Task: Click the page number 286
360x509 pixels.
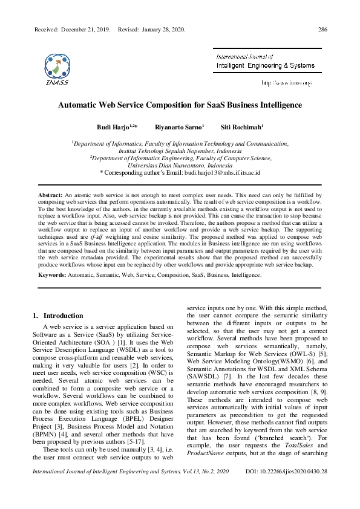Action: (322, 29)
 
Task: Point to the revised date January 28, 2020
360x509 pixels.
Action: (160, 29)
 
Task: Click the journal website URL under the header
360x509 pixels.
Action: (286, 82)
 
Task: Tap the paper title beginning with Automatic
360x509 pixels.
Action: (180, 105)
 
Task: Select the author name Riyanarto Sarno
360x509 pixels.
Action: (178, 128)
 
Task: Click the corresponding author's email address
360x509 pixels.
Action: (222, 172)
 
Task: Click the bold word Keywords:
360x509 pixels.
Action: (53, 275)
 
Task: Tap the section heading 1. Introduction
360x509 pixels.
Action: (57, 316)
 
